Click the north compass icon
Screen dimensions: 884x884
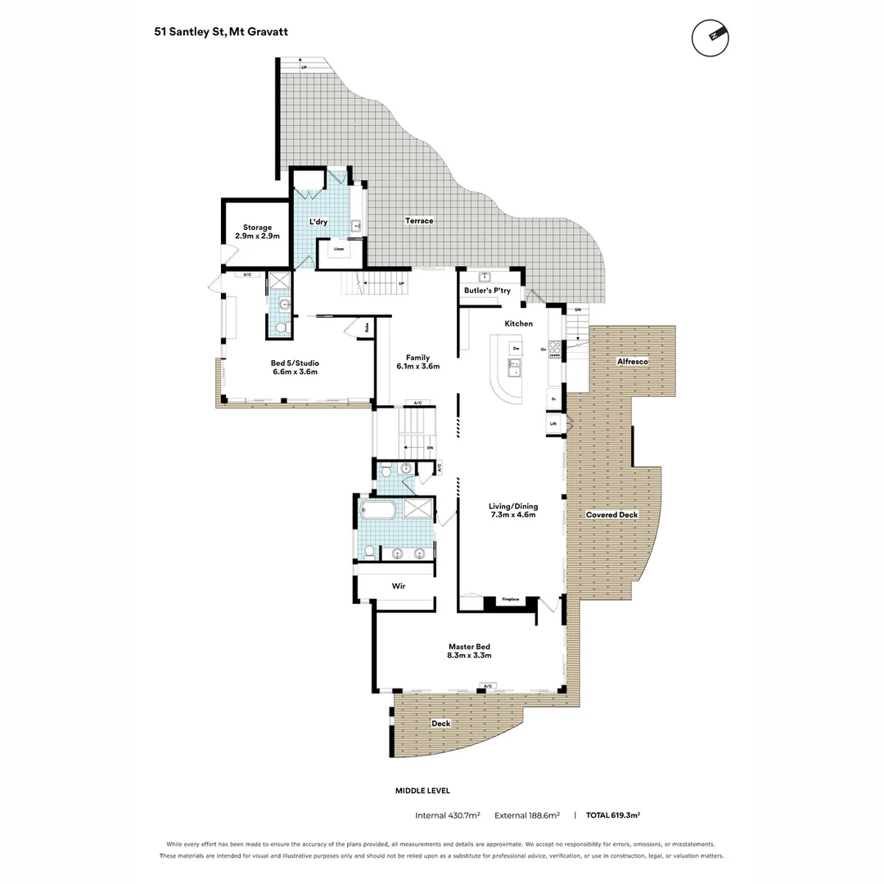click(x=710, y=37)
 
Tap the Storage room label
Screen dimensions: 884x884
click(x=257, y=228)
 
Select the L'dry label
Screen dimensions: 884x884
click(x=318, y=222)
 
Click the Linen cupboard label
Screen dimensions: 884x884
click(x=338, y=250)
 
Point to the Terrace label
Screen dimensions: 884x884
click(x=419, y=221)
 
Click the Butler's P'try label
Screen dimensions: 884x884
click(x=487, y=291)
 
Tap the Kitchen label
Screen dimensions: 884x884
click(x=518, y=323)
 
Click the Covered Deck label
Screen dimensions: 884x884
click(x=611, y=515)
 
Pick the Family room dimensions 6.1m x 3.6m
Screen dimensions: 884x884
click(x=418, y=367)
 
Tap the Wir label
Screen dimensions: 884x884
click(x=399, y=586)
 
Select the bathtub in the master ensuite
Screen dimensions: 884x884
click(x=378, y=512)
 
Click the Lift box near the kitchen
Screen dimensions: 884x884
click(x=553, y=424)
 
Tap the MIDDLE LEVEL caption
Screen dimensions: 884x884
click(x=422, y=791)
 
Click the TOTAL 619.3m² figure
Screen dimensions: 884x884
click(x=612, y=815)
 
